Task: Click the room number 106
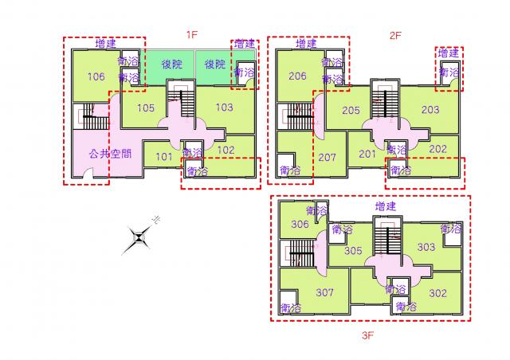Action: coord(96,76)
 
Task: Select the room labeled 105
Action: coord(145,108)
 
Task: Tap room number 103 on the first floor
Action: coord(225,107)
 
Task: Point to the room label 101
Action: coord(164,157)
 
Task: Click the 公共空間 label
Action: coord(110,153)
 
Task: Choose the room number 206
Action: coord(297,76)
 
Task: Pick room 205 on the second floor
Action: coord(351,110)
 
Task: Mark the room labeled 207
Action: coord(327,158)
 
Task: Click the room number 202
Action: coord(437,149)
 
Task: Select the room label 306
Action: coord(300,224)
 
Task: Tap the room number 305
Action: coord(353,250)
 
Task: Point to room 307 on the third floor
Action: coord(324,292)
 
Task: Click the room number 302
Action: coord(437,293)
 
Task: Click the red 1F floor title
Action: coord(192,34)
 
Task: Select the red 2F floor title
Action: coord(395,36)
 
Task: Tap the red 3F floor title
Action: coord(368,335)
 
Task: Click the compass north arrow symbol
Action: coord(139,238)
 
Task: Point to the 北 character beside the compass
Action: coord(156,220)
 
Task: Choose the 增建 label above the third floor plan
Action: coord(386,206)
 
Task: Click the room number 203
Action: coord(430,109)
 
